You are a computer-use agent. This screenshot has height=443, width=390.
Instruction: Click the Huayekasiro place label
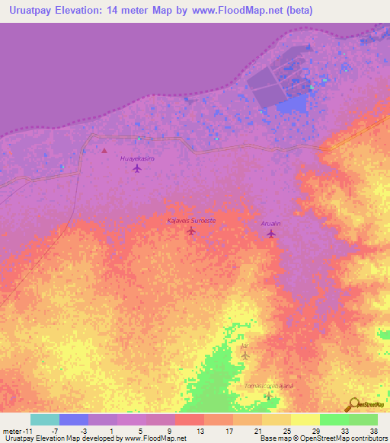pyautogui.click(x=137, y=158)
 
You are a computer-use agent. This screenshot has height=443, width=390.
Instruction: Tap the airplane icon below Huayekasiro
pyautogui.click(x=137, y=168)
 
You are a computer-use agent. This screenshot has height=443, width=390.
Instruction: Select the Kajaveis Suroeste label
pyautogui.click(x=191, y=221)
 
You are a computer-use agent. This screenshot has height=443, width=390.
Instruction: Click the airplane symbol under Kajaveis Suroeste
pyautogui.click(x=191, y=231)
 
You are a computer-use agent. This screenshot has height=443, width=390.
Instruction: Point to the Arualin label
pyautogui.click(x=271, y=224)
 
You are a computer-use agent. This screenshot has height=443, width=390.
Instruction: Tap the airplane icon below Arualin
pyautogui.click(x=271, y=234)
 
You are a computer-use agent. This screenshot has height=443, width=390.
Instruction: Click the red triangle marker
pyautogui.click(x=104, y=150)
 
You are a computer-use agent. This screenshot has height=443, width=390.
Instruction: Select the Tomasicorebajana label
pyautogui.click(x=268, y=386)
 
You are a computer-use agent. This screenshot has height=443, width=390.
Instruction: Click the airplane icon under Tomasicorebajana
pyautogui.click(x=268, y=396)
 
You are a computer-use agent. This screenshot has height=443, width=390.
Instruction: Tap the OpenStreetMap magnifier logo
pyautogui.click(x=353, y=404)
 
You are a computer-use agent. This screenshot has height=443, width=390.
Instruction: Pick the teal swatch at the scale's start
pyautogui.click(x=45, y=419)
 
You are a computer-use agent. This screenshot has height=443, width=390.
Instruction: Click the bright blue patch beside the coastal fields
pyautogui.click(x=289, y=106)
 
